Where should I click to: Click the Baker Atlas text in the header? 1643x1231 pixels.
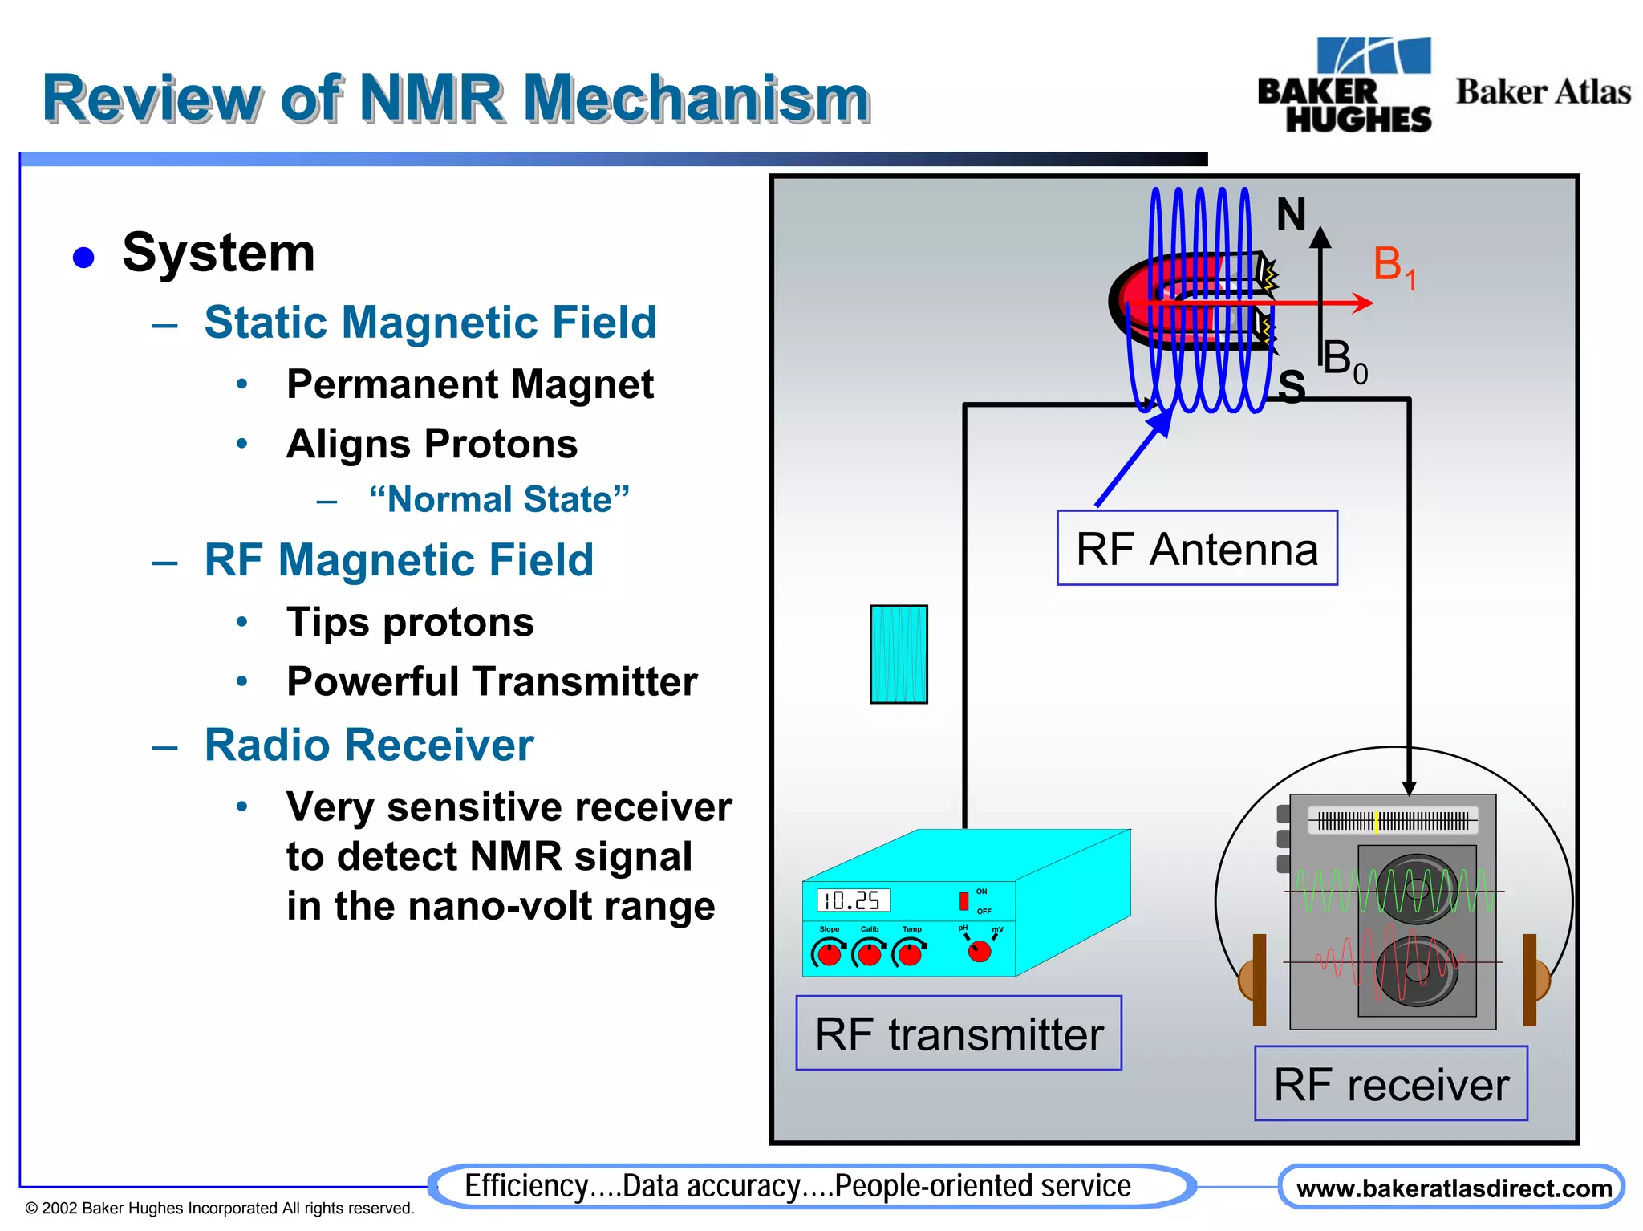1543,92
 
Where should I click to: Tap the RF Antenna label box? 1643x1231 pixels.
1196,548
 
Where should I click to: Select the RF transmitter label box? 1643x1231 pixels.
959,1034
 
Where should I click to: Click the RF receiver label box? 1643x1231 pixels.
1390,1084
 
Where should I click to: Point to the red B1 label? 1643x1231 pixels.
1394,266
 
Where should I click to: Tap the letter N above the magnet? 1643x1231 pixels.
1291,215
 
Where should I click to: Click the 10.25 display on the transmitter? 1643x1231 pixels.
853,900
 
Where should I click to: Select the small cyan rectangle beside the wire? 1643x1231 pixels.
899,654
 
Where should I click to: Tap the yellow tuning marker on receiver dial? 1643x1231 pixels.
1377,822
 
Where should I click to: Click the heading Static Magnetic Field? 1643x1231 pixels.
430,323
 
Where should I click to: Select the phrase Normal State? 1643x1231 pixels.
499,499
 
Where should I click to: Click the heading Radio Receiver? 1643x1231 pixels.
369,745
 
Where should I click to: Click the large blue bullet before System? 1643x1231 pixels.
83,258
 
